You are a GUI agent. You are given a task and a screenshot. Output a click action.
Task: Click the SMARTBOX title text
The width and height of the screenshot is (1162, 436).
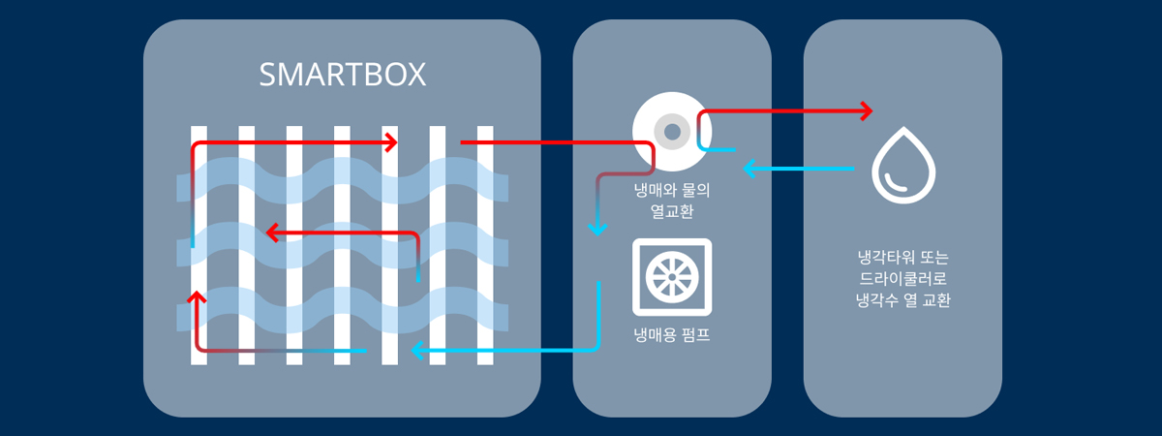click(x=342, y=76)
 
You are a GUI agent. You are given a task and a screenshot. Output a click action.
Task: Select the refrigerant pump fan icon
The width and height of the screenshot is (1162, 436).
click(x=671, y=277)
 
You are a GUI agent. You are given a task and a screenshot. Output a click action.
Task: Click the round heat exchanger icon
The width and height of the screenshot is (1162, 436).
click(x=671, y=130)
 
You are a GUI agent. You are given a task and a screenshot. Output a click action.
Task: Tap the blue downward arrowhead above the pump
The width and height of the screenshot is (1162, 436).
click(x=597, y=229)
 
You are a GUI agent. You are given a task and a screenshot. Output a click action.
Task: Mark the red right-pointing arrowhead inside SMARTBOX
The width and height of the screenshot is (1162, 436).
click(x=391, y=142)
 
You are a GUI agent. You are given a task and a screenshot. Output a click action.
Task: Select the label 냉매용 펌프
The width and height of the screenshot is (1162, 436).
click(x=672, y=338)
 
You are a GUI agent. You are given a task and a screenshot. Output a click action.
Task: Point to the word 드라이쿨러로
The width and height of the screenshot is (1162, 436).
click(x=902, y=279)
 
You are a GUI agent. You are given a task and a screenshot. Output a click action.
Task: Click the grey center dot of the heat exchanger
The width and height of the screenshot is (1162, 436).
click(x=671, y=130)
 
